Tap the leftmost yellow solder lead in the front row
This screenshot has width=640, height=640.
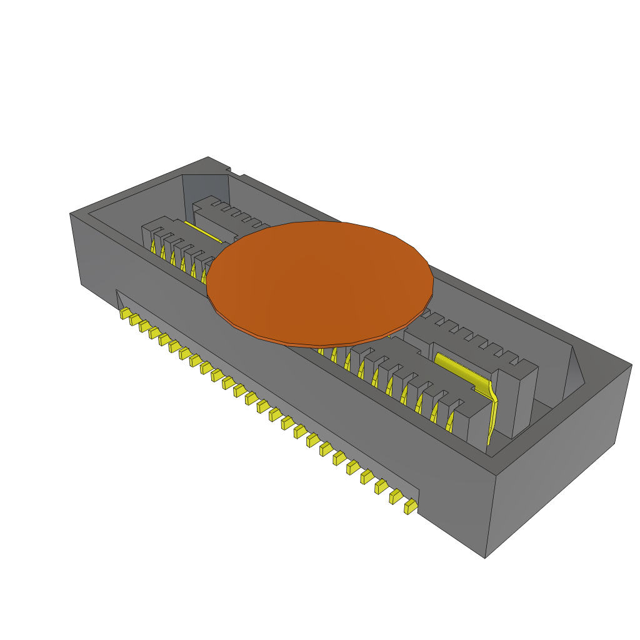pos(125,312)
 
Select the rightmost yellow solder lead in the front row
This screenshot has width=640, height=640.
pos(411,507)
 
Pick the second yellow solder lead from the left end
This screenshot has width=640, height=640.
pos(134,319)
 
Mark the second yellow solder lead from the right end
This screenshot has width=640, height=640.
pos(396,496)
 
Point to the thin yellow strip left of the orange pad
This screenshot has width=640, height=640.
pos(202,233)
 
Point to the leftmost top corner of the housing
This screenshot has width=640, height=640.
pos(70,214)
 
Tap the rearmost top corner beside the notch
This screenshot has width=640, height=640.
pos(208,157)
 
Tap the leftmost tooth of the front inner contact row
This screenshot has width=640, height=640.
pos(147,235)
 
